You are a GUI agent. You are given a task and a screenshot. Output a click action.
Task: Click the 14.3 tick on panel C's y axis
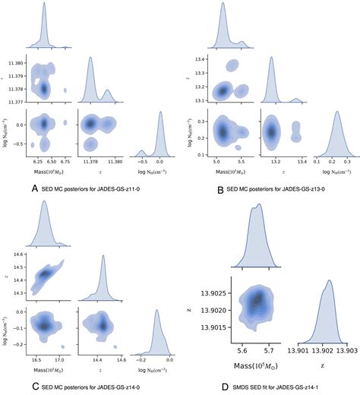17,292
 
